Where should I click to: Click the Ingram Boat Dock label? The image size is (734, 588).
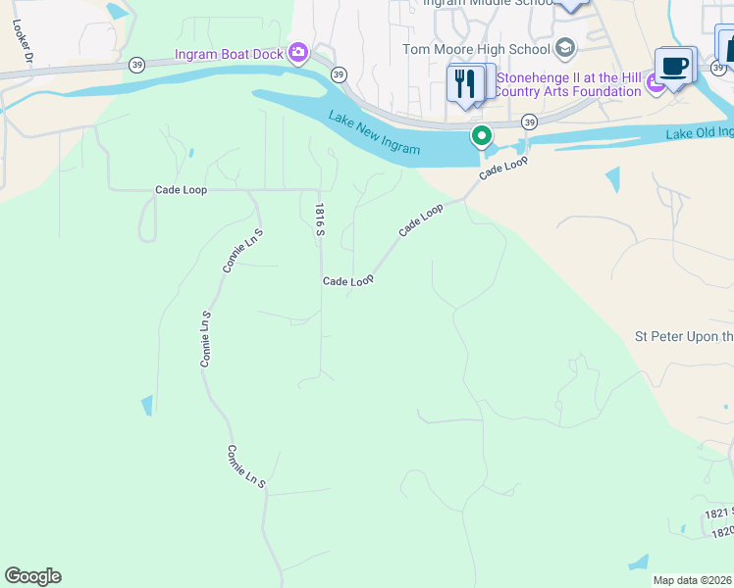coord(229,54)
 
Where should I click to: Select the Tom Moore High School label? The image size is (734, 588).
coord(476,49)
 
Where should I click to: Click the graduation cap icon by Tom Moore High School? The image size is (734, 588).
coord(564,48)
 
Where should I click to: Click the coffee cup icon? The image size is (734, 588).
coord(673,66)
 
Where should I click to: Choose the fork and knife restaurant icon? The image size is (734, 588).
coord(465,83)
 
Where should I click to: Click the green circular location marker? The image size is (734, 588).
coord(481,136)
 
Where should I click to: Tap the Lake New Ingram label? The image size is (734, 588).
coord(375,134)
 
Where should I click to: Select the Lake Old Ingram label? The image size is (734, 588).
coord(699,133)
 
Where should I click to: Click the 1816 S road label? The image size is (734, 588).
coord(319,220)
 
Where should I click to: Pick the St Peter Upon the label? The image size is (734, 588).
coord(683,337)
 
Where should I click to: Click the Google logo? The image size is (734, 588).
coord(32,576)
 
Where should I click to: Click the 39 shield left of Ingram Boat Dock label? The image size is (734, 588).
coord(135,64)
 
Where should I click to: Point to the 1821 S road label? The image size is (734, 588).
coord(718,514)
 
